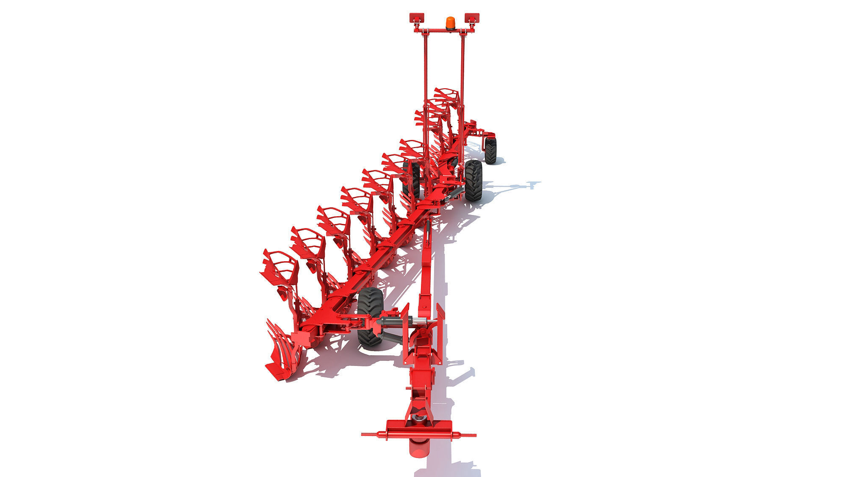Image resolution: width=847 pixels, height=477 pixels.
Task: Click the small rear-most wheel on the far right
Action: (490, 150)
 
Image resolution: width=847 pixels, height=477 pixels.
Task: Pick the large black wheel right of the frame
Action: (473, 180)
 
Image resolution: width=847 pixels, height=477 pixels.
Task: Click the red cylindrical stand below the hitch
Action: (418, 460)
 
